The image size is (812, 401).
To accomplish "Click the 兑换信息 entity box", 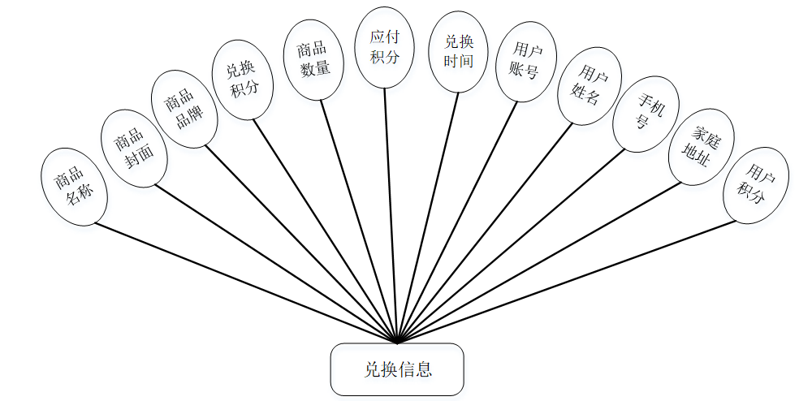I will tap(396, 369).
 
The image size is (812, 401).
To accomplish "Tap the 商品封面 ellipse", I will tap(133, 149).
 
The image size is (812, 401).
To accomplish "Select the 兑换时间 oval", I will tap(458, 51).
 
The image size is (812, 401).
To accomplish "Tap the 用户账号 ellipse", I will tap(525, 61).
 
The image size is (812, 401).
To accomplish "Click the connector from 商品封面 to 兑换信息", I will tap(276, 264).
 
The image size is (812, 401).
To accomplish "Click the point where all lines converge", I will tap(396, 342).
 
